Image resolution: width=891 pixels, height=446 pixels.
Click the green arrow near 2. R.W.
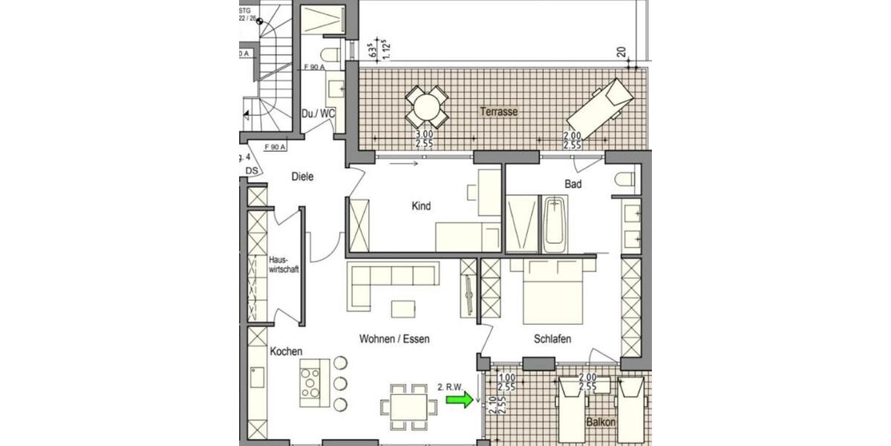point(459,401)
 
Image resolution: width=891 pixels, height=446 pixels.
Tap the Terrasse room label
point(498,111)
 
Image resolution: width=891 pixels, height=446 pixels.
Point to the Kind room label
point(421,206)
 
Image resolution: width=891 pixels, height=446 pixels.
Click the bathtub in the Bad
point(555,224)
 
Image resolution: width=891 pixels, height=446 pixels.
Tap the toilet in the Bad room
point(625,178)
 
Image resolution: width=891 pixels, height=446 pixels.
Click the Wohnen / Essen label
point(394,338)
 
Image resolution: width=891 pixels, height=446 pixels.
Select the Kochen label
point(286,351)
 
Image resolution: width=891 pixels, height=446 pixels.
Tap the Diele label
point(303,177)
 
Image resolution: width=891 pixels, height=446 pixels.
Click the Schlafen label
point(552,338)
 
